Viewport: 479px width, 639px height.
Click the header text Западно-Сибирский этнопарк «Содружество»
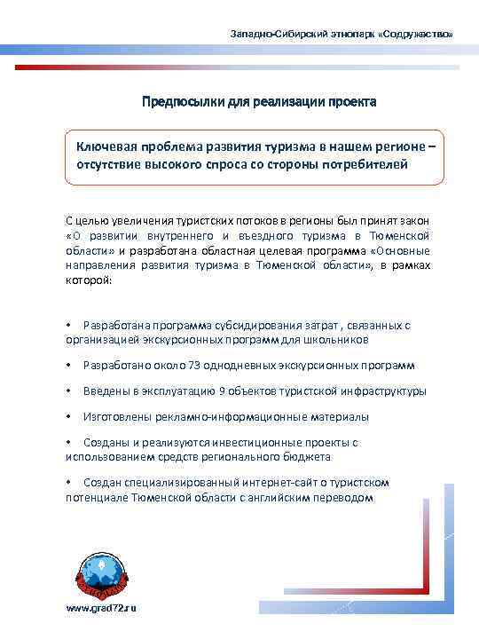pyautogui.click(x=342, y=33)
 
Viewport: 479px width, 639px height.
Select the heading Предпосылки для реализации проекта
pyautogui.click(x=260, y=102)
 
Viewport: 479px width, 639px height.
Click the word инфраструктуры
pyautogui.click(x=382, y=391)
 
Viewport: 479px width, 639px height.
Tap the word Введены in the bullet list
pyautogui.click(x=105, y=391)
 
